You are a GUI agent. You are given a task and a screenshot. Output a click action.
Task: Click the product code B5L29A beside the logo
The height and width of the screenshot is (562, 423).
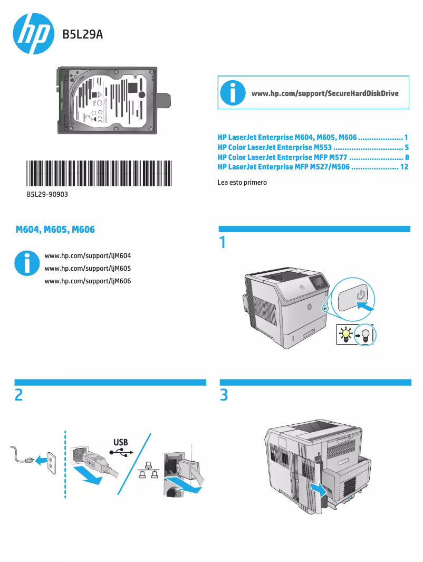82,35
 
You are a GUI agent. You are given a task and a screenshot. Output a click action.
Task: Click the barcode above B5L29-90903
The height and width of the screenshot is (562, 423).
99,173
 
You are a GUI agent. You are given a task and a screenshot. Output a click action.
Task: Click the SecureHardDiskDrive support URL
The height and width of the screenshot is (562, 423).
325,93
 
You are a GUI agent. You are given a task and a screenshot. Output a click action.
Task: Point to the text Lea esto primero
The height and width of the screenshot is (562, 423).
242,183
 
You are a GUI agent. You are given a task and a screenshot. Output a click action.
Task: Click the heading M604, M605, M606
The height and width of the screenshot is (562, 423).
55,230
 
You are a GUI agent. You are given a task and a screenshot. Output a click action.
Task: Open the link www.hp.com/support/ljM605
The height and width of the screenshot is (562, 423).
88,268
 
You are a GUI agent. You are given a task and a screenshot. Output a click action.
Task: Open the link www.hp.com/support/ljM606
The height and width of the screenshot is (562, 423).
88,281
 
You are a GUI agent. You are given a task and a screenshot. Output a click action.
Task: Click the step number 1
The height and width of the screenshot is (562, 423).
223,243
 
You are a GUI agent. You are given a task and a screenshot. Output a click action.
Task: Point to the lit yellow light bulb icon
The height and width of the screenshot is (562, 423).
345,334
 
